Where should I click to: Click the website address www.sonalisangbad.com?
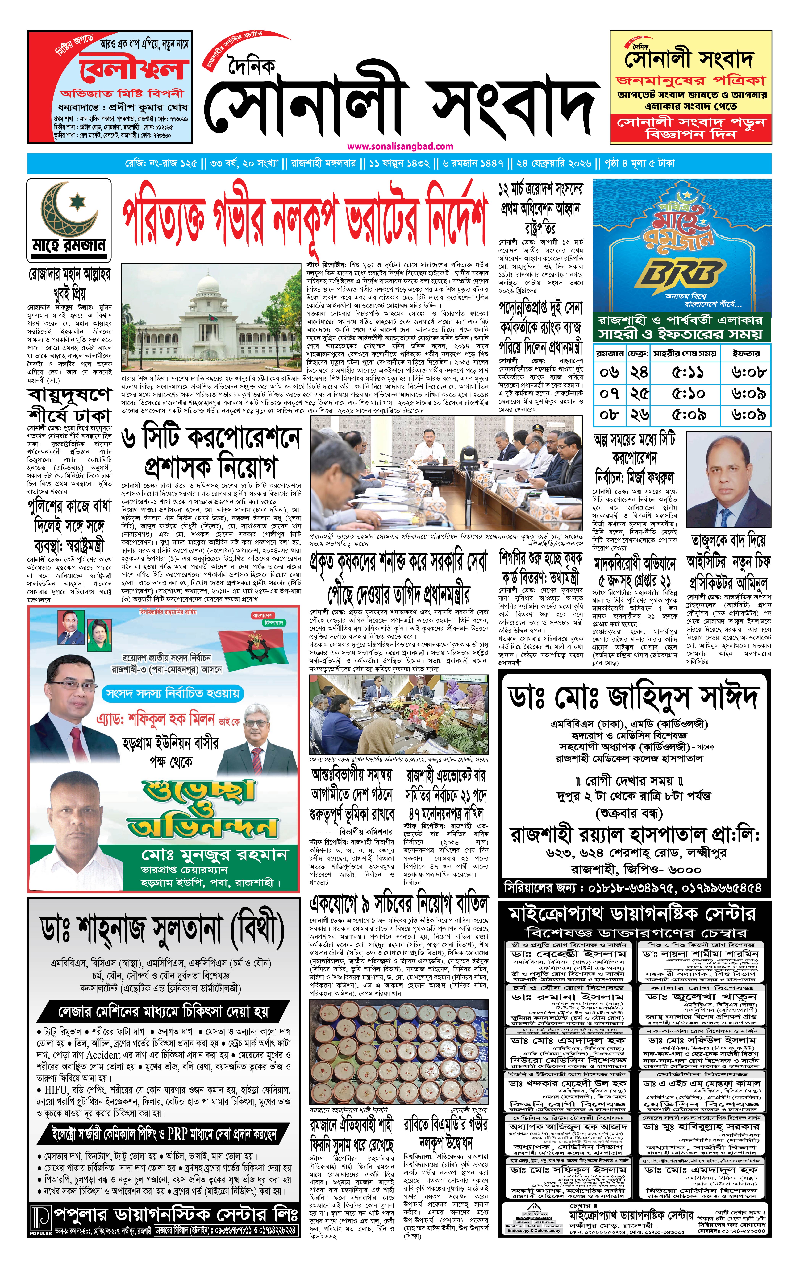tap(400, 147)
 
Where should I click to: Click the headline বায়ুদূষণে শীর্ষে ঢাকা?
tap(69, 405)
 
